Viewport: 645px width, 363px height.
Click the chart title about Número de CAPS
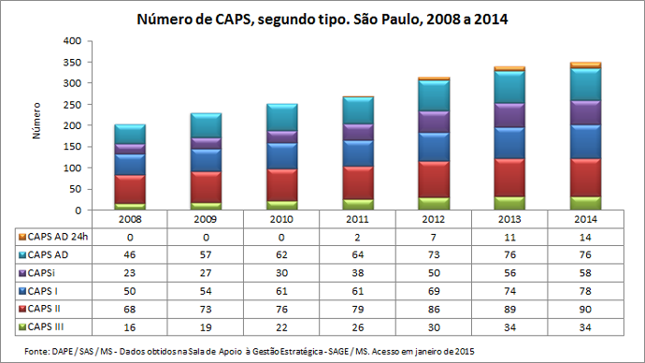322,19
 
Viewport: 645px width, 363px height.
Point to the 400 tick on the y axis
71,41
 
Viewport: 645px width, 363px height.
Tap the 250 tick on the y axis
71,105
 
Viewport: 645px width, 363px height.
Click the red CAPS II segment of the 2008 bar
130,188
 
